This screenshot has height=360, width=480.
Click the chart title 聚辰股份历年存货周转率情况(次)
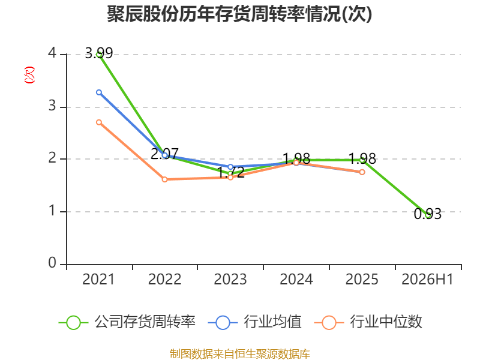[239, 14]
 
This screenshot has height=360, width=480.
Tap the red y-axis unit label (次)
[29, 75]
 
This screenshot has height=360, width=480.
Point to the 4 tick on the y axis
[52, 53]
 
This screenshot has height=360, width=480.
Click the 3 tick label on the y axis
[52, 106]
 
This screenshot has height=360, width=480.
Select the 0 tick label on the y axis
[52, 263]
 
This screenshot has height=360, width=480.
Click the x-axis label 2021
[98, 280]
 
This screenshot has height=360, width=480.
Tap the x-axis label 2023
[230, 280]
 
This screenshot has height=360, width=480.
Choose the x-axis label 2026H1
[427, 280]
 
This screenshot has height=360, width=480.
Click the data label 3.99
[99, 53]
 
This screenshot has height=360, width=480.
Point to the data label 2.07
[164, 154]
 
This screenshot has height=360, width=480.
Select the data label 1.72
[230, 172]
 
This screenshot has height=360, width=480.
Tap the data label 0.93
[428, 214]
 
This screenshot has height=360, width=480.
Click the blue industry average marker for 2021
[99, 92]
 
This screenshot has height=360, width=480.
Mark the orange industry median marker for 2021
[99, 122]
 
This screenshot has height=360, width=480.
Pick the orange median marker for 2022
[164, 179]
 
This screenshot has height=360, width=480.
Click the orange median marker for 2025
[362, 172]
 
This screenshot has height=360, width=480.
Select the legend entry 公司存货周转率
[127, 322]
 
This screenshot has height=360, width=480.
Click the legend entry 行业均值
[254, 322]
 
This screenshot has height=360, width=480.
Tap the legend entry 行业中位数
[368, 322]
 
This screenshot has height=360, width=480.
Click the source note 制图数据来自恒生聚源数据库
[239, 354]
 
